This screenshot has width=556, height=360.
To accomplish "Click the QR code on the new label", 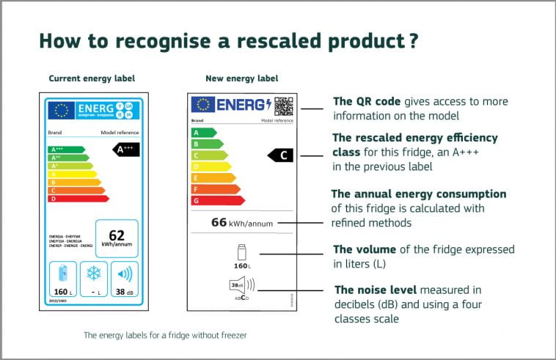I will pyautogui.click(x=284, y=106).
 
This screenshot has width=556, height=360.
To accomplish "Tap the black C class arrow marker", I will pyautogui.click(x=282, y=155).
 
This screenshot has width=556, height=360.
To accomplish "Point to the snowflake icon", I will pyautogui.click(x=94, y=273).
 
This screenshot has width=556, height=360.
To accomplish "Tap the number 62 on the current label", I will pyautogui.click(x=117, y=235).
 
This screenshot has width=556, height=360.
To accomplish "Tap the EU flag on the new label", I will pyautogui.click(x=202, y=105).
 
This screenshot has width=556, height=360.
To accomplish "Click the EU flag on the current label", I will pyautogui.click(x=61, y=111).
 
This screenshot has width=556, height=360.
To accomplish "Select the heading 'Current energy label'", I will pyautogui.click(x=92, y=78).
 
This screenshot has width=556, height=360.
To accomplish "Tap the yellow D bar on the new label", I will pyautogui.click(x=209, y=166).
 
